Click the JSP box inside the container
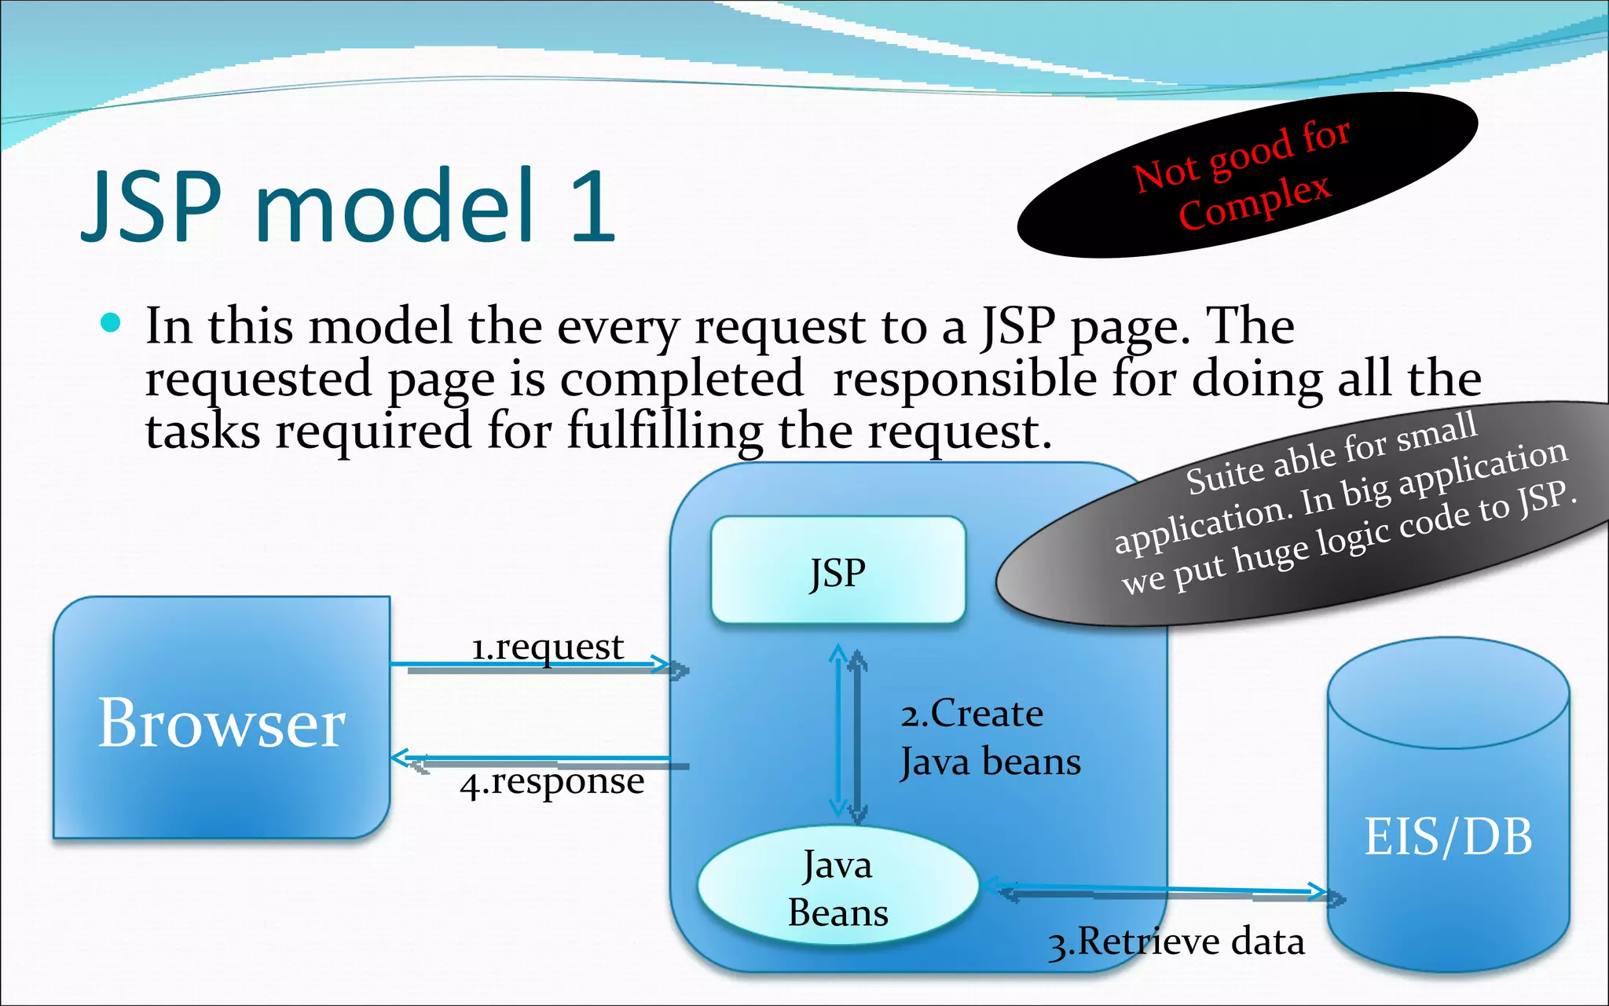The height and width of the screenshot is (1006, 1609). [837, 571]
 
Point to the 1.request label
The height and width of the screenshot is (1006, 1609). [547, 647]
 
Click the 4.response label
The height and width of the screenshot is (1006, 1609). [552, 782]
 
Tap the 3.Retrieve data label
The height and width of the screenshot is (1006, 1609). [1175, 942]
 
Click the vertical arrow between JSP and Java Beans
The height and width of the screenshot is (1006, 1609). [847, 735]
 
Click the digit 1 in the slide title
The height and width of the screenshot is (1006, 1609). [591, 206]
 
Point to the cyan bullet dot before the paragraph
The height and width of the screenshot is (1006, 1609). [111, 322]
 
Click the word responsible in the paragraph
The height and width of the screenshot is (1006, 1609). [965, 378]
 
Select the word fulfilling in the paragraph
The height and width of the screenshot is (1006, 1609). [664, 431]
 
